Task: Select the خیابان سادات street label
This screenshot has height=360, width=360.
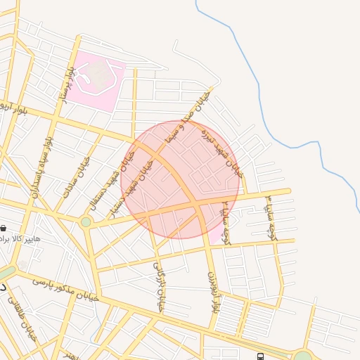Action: point(77,175)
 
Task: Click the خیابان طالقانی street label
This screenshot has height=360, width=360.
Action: point(20,316)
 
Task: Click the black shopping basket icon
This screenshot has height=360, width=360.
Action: point(4,229)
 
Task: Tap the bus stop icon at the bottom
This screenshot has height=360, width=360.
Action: point(261,356)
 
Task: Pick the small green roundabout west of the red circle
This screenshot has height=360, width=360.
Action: point(86,221)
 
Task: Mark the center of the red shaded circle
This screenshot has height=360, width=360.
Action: point(181,179)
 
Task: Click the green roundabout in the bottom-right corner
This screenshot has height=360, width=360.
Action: point(302,356)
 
